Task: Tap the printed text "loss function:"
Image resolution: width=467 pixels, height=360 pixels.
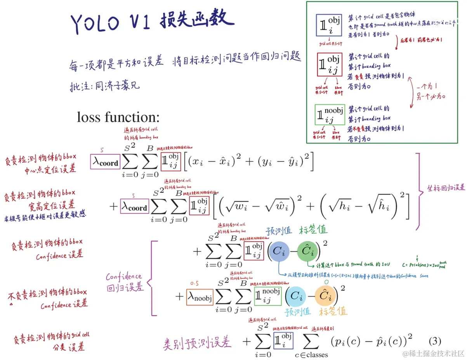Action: coord(118,117)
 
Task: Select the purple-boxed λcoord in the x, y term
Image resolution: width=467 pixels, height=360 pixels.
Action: coord(105,161)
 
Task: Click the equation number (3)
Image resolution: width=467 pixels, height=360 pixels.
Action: coord(435,341)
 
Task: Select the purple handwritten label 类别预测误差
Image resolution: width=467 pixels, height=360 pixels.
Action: coord(197,342)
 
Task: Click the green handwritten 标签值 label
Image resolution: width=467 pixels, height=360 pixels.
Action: coord(313,230)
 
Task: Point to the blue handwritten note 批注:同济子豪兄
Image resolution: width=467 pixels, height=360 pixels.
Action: coord(104,85)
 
